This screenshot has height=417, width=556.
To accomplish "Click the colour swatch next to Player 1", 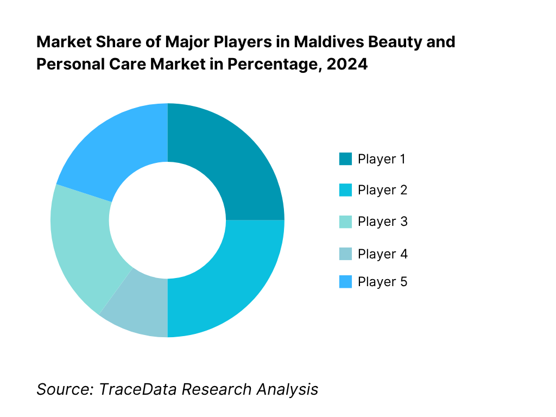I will click(345, 159).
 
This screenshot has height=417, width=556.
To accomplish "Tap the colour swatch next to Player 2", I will click(345, 191).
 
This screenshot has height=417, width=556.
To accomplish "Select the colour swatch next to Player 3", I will click(345, 222).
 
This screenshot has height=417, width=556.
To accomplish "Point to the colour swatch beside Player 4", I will click(345, 254).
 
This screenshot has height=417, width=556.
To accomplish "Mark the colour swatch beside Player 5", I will click(345, 282).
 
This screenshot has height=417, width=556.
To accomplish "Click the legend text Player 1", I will click(382, 159).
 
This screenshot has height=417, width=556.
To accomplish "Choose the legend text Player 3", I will click(382, 222).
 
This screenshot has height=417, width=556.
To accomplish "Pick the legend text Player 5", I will click(382, 282).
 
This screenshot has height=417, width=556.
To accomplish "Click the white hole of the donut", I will click(167, 220).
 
